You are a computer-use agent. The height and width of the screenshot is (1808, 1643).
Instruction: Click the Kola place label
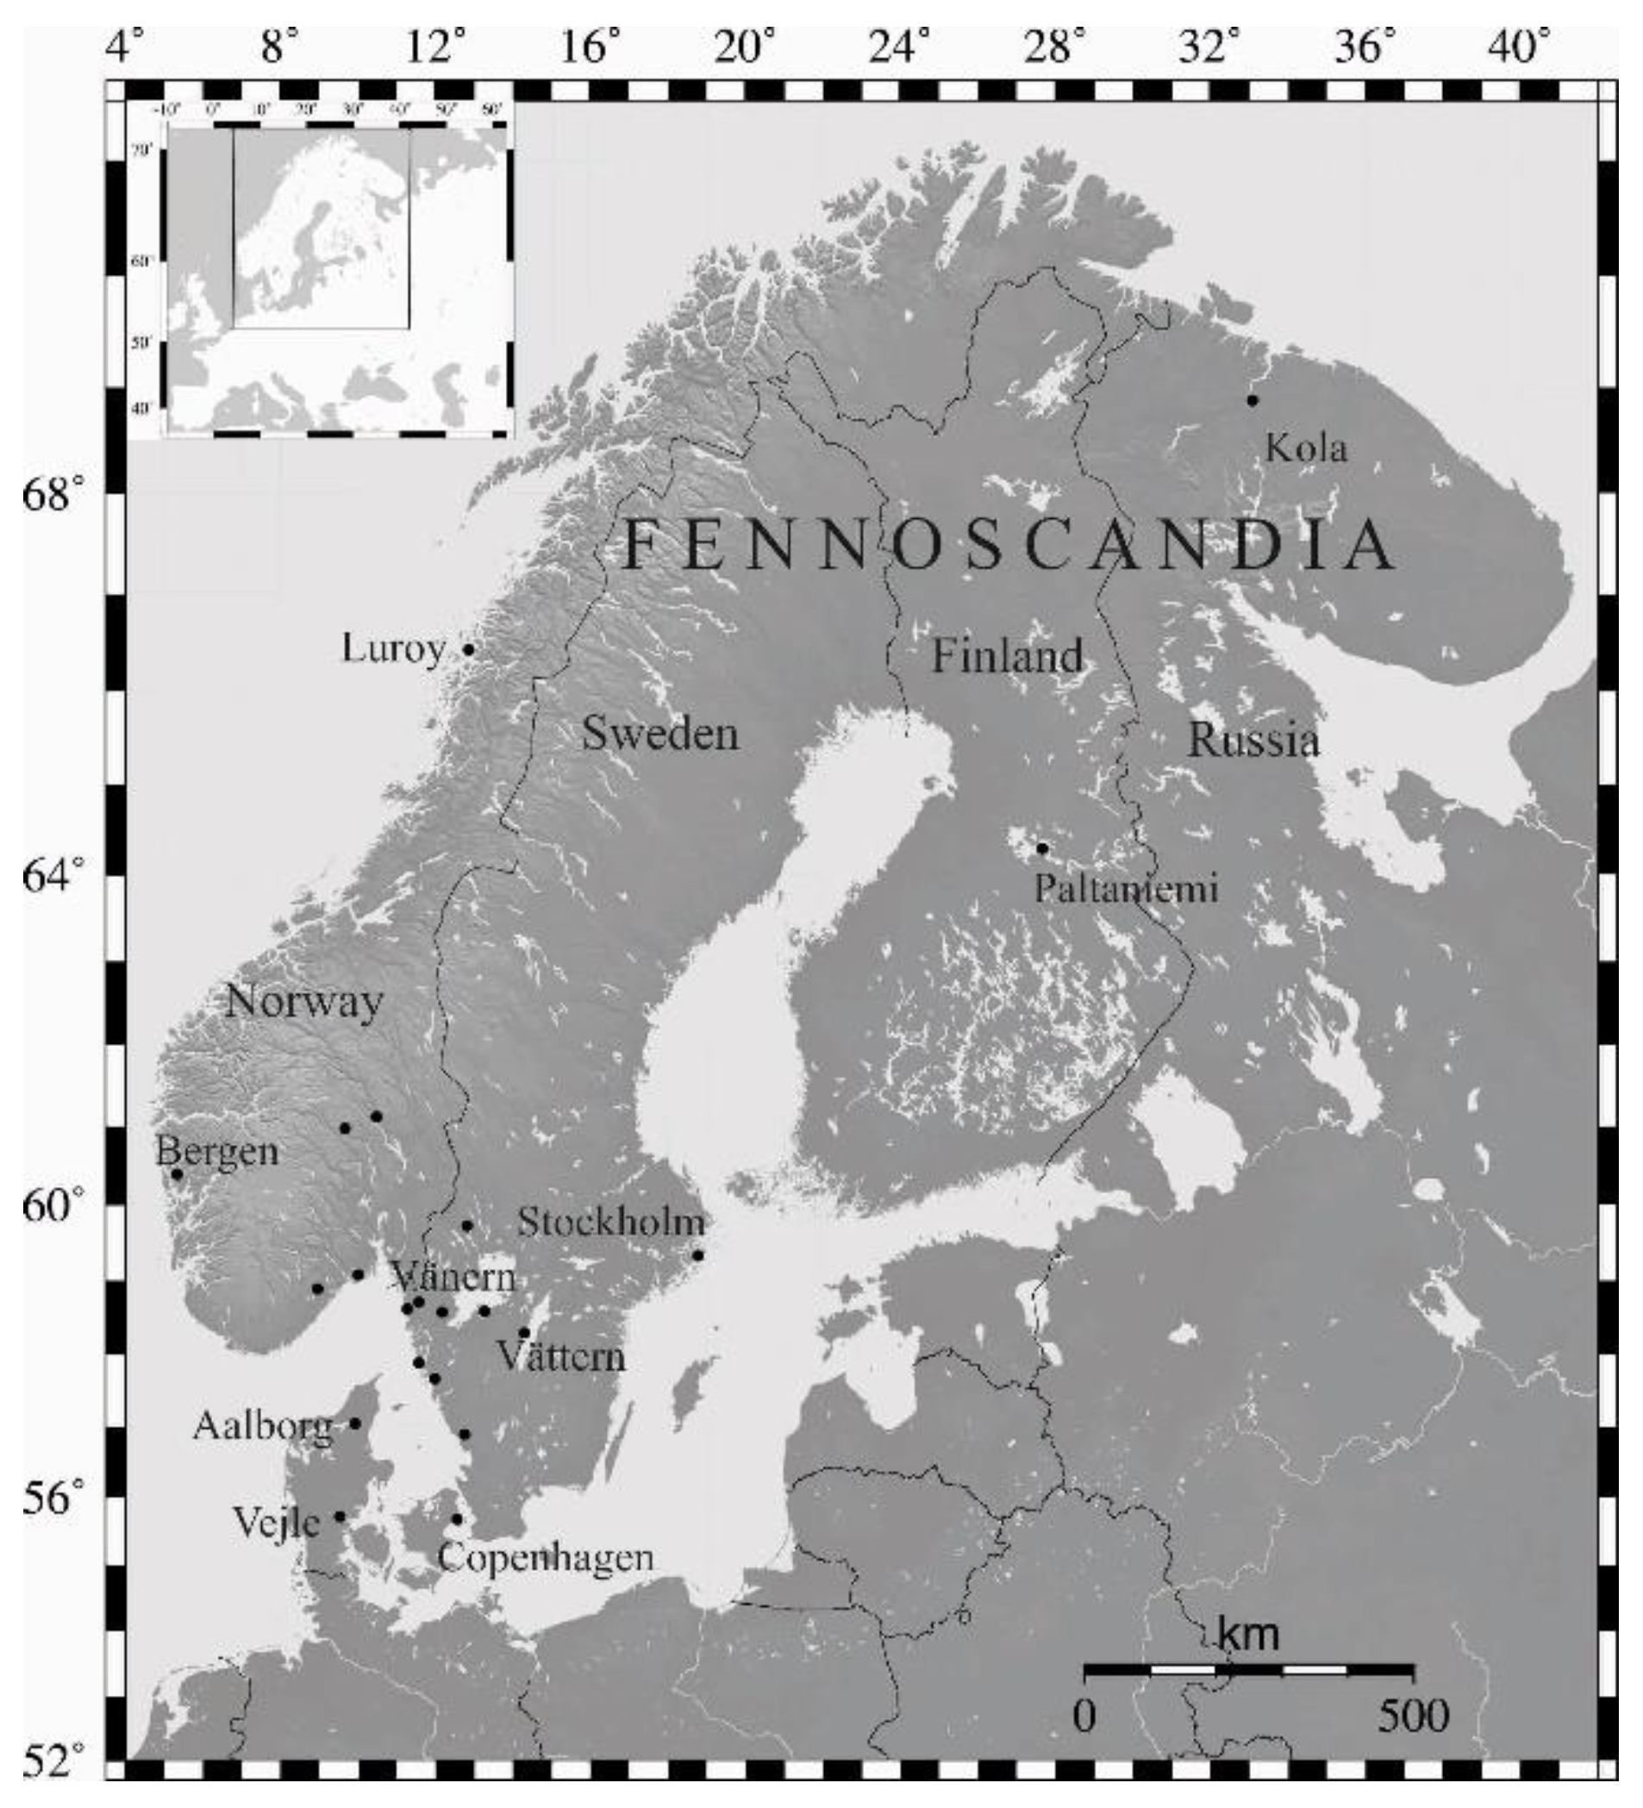pos(1306,447)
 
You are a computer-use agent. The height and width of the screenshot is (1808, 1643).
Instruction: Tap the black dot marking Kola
pos(1252,400)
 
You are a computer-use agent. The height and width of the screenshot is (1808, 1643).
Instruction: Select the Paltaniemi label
pos(1127,889)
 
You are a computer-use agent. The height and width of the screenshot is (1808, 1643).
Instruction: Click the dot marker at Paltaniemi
pos(1042,848)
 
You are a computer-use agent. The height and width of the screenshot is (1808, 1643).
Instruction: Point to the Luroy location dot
pos(467,649)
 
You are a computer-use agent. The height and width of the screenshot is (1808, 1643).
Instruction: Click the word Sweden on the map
pos(660,734)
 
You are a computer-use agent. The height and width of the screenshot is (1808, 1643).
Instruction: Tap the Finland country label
pos(1007,654)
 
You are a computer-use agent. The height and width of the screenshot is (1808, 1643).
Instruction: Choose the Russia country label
pos(1253,741)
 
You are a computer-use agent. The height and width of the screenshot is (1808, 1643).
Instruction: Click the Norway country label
pos(304,1001)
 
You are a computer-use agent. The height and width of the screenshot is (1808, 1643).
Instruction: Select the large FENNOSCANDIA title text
pos(1009,545)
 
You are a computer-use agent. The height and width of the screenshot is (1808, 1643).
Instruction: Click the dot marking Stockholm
pos(697,1254)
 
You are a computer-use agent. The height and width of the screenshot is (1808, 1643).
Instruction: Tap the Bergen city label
pos(217,1152)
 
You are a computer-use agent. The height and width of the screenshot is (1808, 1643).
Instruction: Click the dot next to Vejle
pos(339,1517)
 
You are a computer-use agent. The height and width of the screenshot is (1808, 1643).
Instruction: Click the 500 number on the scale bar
pos(1413,1716)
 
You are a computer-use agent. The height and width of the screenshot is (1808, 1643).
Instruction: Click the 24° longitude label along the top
pos(904,47)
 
